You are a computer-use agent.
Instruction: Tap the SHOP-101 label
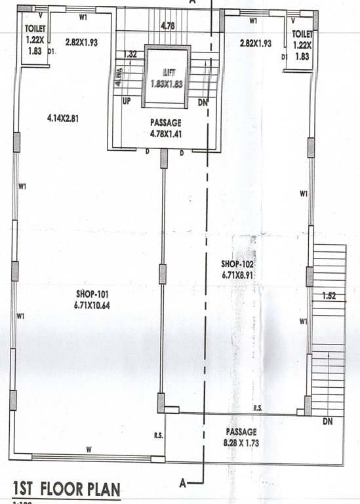point(89,294)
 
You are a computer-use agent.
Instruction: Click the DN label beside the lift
point(203,103)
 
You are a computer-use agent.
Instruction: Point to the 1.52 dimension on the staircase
point(329,297)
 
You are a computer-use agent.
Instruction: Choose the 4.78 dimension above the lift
point(168,27)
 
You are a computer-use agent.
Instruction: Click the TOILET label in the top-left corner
point(34,30)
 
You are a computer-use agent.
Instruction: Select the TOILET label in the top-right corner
point(302,33)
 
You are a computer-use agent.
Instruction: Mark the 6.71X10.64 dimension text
point(89,304)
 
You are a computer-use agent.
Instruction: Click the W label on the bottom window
point(88,450)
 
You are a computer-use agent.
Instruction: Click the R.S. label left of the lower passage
point(158,435)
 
